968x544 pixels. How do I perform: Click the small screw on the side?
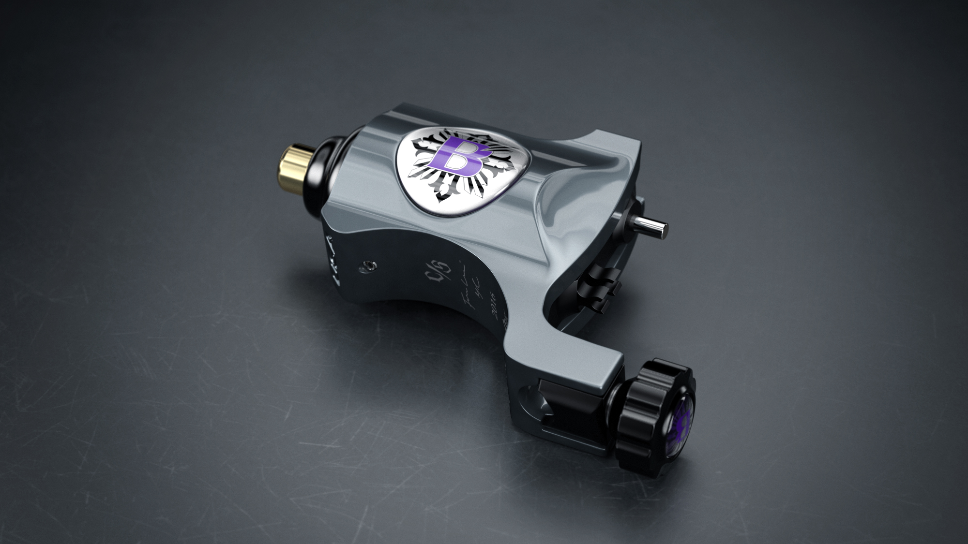click(x=370, y=265)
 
